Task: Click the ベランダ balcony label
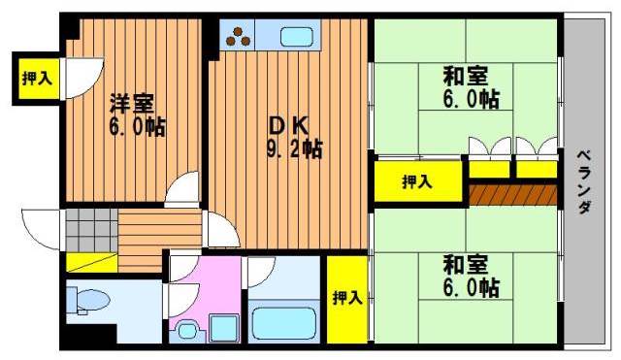point(583,182)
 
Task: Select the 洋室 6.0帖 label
point(137,115)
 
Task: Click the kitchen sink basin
point(297,37)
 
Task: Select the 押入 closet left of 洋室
point(37,79)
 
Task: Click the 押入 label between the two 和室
point(416,182)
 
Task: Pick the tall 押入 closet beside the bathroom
point(347,300)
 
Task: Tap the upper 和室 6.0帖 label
point(471,87)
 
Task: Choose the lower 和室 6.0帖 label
point(471,277)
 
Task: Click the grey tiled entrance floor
point(91,230)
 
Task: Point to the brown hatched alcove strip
point(513,195)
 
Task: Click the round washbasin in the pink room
point(187,330)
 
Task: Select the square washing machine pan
point(224,328)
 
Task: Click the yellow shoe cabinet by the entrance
point(91,262)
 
